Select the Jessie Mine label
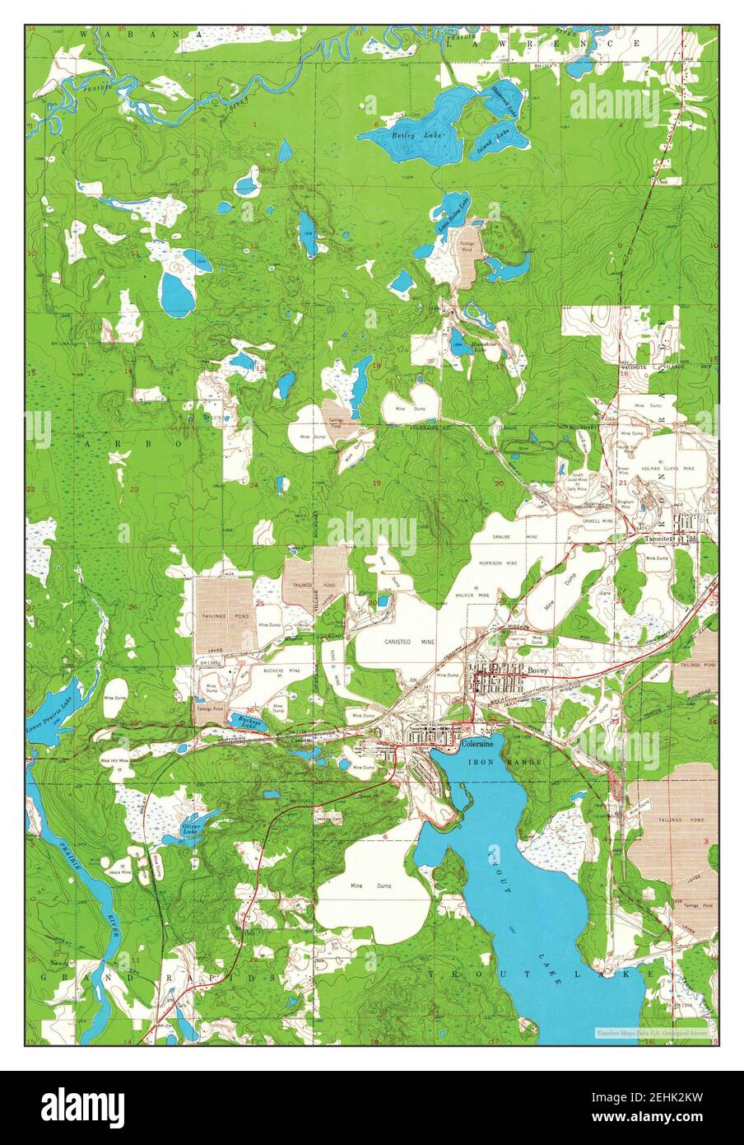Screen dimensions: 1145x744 (x=120, y=870)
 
